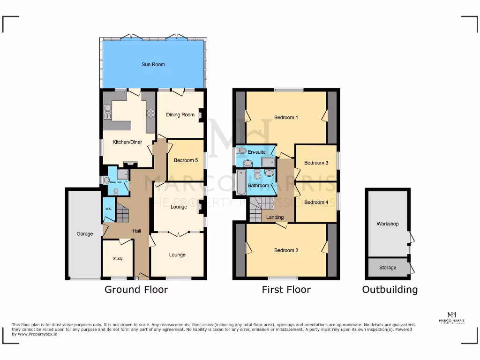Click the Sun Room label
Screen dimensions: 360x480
click(x=153, y=64)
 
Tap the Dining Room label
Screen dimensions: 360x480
click(x=180, y=115)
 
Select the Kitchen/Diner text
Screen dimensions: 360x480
click(x=127, y=142)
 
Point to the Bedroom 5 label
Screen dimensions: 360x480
click(x=186, y=160)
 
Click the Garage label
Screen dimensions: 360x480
click(x=85, y=233)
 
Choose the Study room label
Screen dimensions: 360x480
click(x=117, y=258)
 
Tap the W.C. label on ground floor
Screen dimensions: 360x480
click(x=108, y=209)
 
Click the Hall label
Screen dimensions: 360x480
click(x=137, y=231)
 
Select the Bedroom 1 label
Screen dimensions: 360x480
click(x=286, y=117)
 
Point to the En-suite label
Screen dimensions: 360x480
click(x=256, y=152)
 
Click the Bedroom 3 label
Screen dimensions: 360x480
click(x=316, y=163)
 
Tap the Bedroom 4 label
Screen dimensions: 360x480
click(x=316, y=202)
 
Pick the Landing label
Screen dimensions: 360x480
click(x=275, y=217)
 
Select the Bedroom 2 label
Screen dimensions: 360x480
click(x=286, y=250)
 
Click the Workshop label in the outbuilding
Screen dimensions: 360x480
click(x=388, y=224)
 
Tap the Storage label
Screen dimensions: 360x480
click(x=388, y=268)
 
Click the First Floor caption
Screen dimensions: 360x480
click(x=286, y=290)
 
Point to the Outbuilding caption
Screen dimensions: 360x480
click(x=390, y=290)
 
